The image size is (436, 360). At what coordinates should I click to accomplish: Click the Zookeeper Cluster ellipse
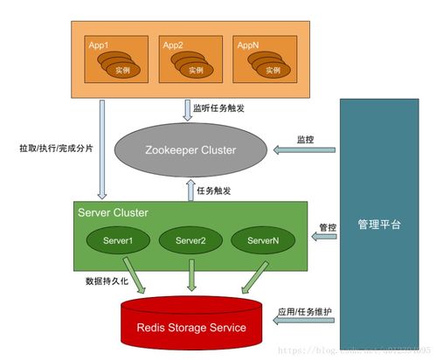tap(193, 150)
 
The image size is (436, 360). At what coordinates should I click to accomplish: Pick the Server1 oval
tap(117, 240)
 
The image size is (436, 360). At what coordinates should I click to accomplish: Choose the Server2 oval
tap(190, 240)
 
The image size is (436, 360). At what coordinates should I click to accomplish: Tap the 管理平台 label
tap(379, 225)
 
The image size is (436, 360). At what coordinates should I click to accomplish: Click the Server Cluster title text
tap(113, 213)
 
